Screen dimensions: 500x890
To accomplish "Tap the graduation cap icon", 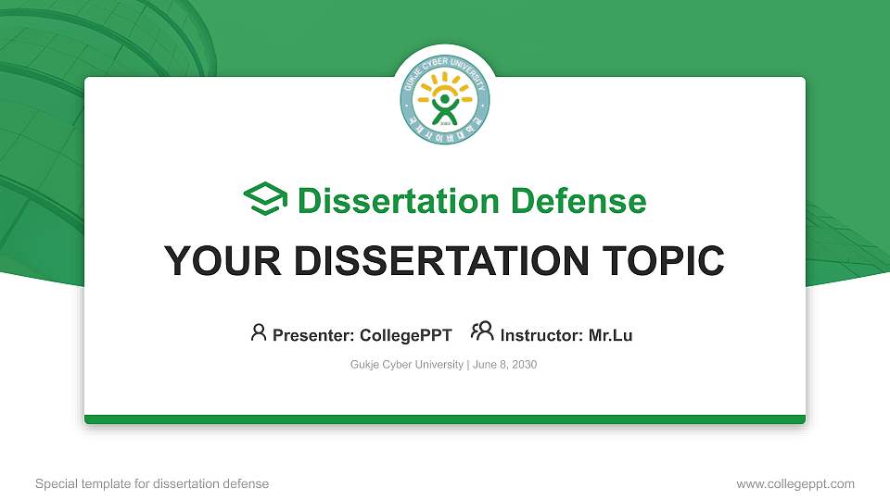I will pos(266,200).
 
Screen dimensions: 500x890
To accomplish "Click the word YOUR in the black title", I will pos(216,261).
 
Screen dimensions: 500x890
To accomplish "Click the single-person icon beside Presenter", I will pos(259,332).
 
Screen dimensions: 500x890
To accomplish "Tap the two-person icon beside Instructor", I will pos(482,331).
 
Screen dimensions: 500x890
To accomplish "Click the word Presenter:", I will pos(312,335).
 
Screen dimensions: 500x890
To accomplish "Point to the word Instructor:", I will pos(541,335).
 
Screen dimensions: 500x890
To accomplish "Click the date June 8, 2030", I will pos(505,365).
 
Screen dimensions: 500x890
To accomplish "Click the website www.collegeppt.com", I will pos(795,483).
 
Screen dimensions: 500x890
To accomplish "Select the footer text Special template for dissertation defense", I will pos(152,483).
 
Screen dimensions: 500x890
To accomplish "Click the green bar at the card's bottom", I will pos(445,419).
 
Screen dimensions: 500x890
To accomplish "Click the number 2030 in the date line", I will pos(524,365).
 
